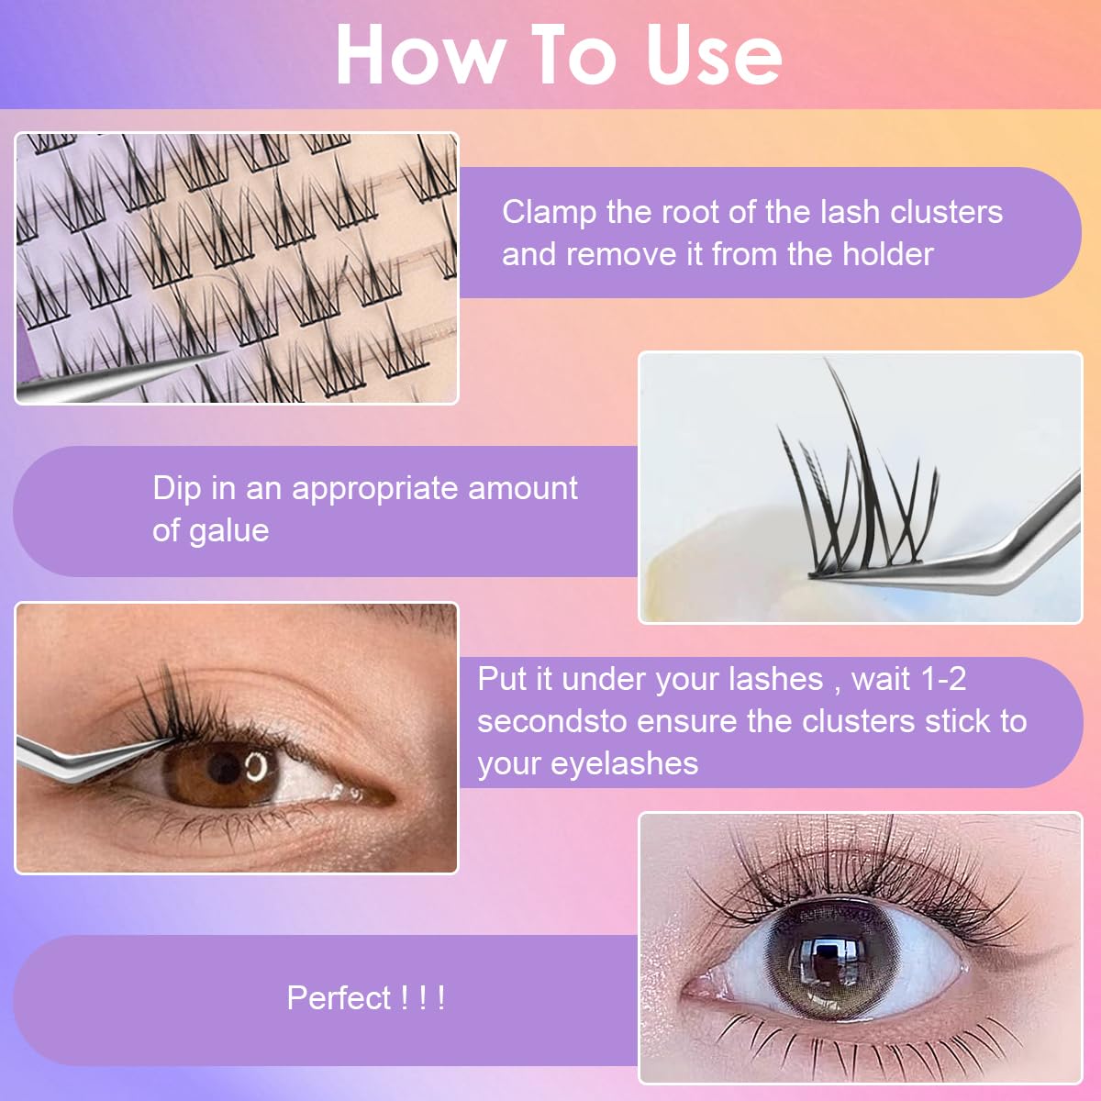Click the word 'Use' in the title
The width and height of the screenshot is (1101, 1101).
(x=714, y=55)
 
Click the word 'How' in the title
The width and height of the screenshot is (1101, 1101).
(x=418, y=55)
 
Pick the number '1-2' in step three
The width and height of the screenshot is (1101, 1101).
(x=944, y=679)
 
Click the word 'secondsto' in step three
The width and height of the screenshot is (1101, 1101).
(x=551, y=721)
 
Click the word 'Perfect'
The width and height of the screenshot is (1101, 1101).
(x=339, y=997)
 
